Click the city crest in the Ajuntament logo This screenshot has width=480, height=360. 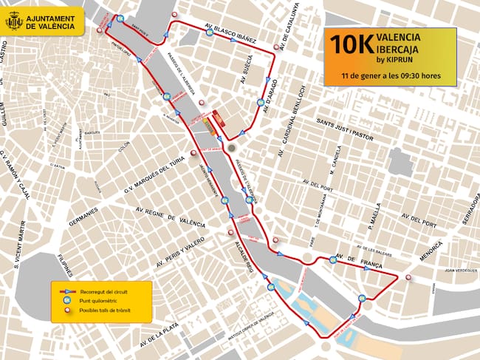pyautogui.click(x=14, y=21)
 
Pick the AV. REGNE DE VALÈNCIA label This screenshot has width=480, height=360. pyautogui.click(x=168, y=214)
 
